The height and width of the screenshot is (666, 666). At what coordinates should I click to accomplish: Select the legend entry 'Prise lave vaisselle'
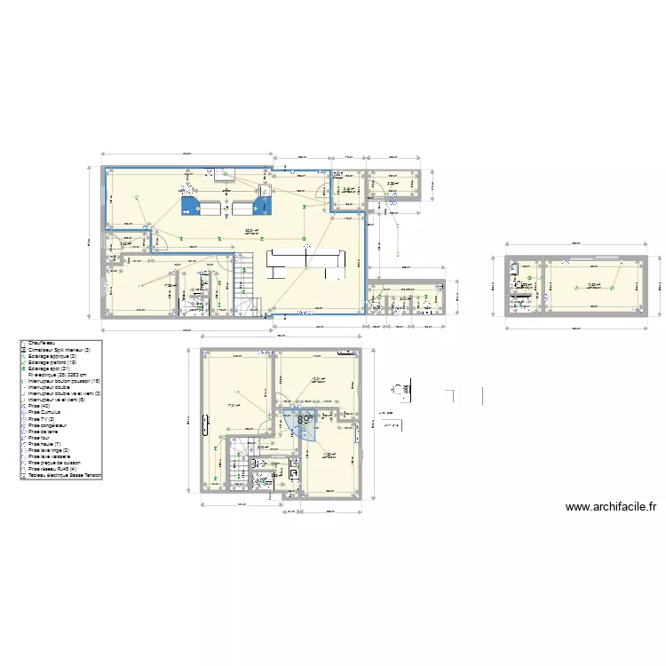pos(55,456)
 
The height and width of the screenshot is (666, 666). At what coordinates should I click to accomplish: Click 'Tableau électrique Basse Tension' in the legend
pos(66,475)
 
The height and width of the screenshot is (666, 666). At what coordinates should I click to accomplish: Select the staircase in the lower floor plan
pos(240,464)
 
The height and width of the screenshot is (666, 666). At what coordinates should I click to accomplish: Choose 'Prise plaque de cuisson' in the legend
pos(59,462)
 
